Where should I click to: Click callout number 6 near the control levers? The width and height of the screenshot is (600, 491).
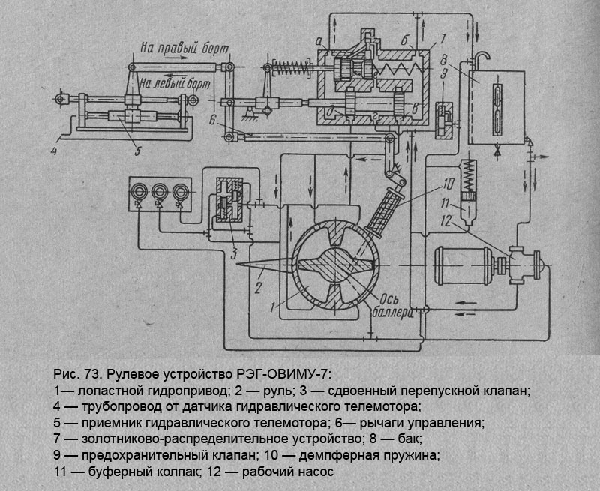(213, 120)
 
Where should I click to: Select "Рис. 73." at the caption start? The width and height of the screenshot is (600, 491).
(78, 373)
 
